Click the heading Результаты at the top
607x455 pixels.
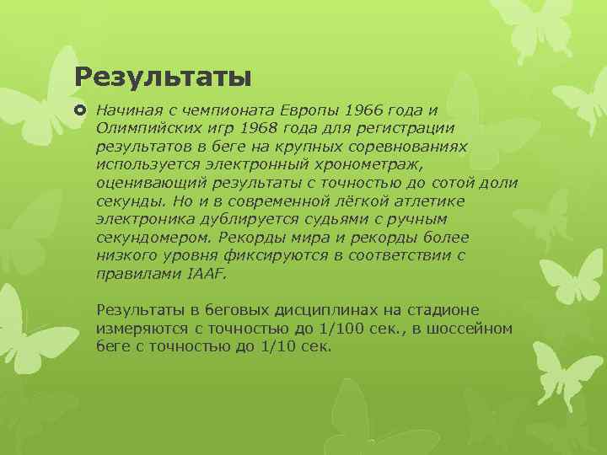[163, 78]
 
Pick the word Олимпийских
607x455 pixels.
[148, 128]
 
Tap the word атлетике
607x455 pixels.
[428, 201]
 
